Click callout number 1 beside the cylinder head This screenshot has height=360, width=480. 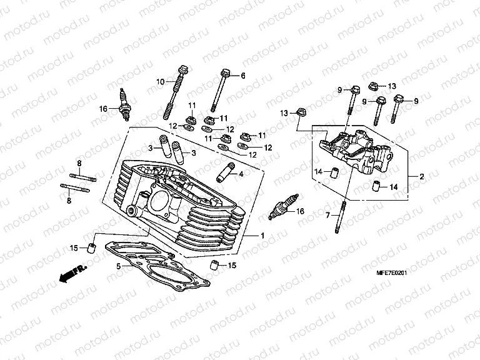click(262, 236)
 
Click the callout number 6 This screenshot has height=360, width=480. click(243, 75)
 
